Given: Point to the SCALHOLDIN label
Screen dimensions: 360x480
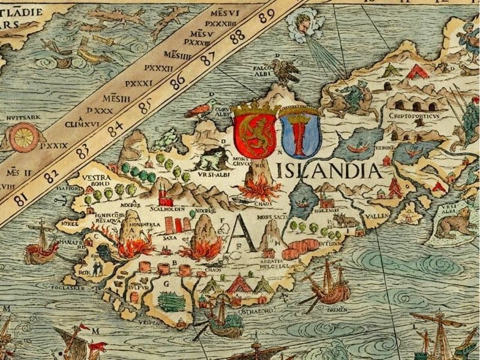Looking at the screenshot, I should [x=170, y=211].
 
